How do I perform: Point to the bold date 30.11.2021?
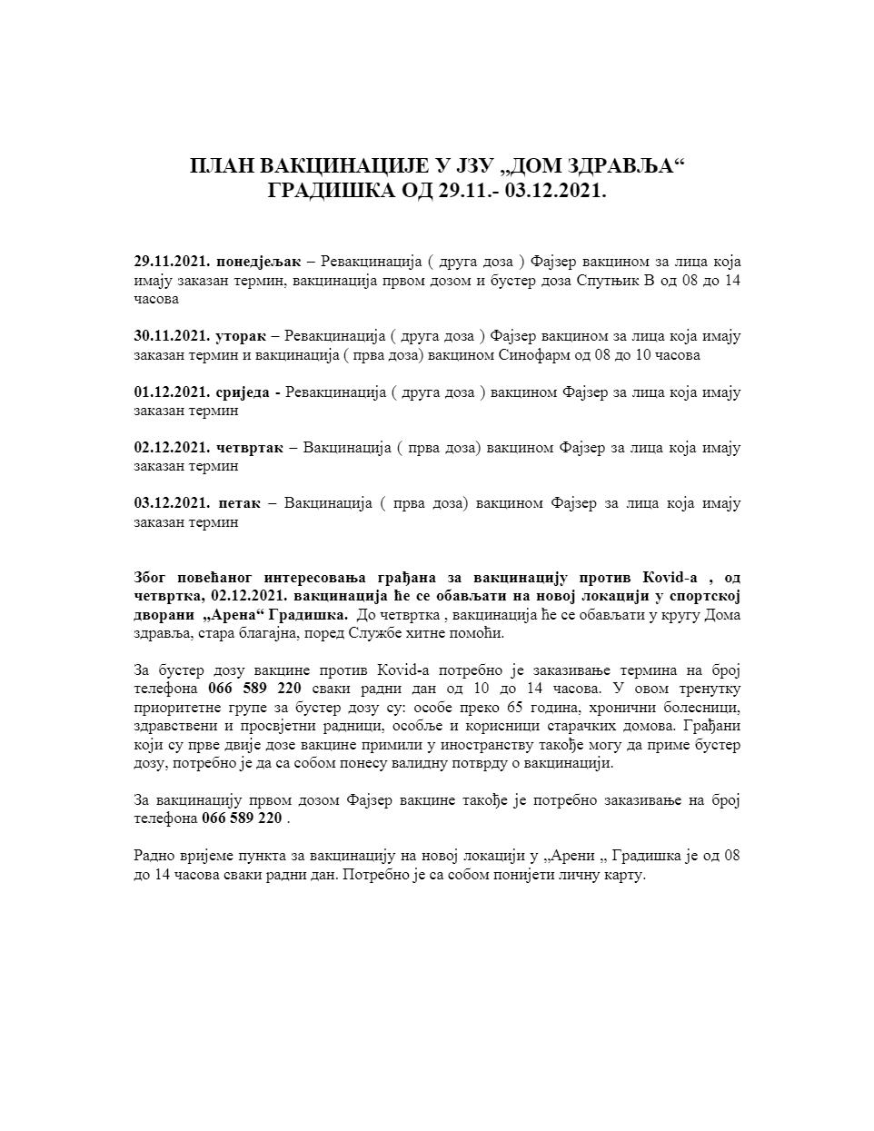pyautogui.click(x=172, y=336)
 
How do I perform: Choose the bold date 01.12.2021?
pyautogui.click(x=172, y=392)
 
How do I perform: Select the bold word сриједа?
pyautogui.click(x=243, y=392)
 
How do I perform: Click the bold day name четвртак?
pyautogui.click(x=249, y=448)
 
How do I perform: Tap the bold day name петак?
pyautogui.click(x=239, y=503)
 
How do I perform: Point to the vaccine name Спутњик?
pyautogui.click(x=608, y=281)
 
